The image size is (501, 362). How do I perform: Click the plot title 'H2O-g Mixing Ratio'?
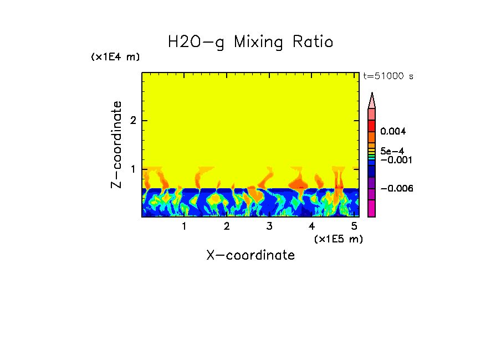250,42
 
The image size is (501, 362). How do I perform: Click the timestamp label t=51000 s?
388,76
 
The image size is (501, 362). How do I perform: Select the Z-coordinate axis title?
116,144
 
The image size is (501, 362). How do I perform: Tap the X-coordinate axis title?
250,255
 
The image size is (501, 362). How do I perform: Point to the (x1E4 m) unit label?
115,57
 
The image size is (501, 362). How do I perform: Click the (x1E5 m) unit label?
338,239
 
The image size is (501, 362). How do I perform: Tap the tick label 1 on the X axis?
184,226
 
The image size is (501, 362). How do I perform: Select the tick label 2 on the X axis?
227,226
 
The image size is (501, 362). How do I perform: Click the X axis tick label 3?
269,226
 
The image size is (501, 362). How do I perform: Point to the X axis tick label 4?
311,226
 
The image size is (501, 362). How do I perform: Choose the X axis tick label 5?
354,226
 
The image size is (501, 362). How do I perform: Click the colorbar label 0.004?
393,132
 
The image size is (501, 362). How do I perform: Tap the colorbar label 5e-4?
392,151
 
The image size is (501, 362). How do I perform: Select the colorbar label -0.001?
395,160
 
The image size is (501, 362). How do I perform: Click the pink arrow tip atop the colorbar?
372,100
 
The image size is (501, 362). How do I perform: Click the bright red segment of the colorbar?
372,126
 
